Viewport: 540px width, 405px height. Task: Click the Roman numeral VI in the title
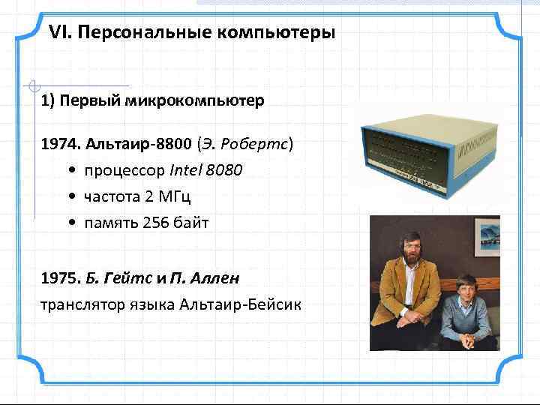58,34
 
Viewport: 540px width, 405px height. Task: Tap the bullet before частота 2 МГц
70,196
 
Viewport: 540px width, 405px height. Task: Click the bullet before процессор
70,170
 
